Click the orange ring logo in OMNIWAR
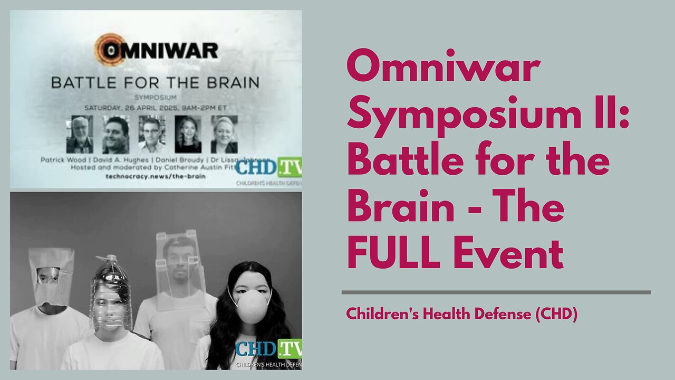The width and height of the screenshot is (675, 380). click(109, 49)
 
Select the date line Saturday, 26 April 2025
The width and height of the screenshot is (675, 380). click(155, 107)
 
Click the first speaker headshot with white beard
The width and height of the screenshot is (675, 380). click(80, 134)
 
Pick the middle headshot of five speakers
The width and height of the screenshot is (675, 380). click(152, 134)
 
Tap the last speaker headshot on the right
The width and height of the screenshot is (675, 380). click(224, 134)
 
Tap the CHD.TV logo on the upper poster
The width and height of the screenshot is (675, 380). click(268, 167)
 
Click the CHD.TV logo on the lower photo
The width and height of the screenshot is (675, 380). click(268, 349)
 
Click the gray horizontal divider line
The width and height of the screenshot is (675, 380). click(496, 292)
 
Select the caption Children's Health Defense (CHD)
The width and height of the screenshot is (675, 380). click(462, 314)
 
